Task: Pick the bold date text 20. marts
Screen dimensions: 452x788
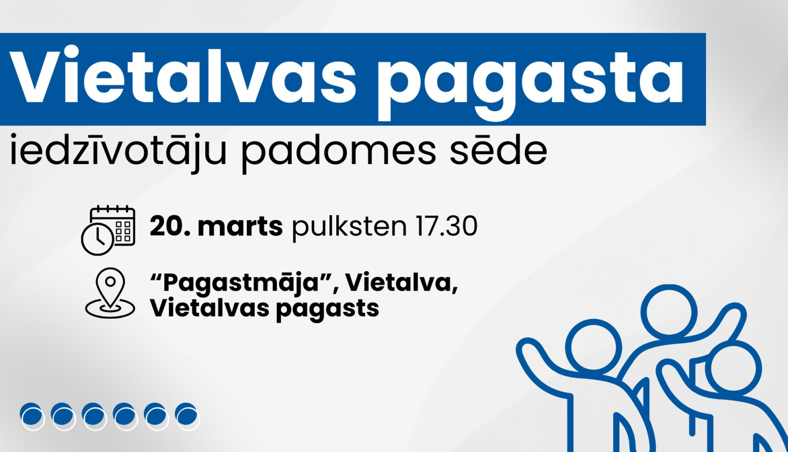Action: [x=216, y=227]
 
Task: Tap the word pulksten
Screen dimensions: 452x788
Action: [x=349, y=227]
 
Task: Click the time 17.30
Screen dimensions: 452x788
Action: [x=446, y=227]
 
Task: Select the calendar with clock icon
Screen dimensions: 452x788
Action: [x=108, y=230]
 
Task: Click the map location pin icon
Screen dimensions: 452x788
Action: [x=110, y=293]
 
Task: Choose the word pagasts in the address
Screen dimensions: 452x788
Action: [x=327, y=309]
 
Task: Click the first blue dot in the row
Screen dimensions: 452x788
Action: [x=32, y=416]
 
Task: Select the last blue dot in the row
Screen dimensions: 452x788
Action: [x=187, y=416]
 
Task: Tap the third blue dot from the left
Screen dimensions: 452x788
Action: [x=94, y=416]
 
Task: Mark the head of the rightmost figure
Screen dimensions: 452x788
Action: [x=733, y=368]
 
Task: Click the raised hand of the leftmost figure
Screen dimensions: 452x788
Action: [x=528, y=350]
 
